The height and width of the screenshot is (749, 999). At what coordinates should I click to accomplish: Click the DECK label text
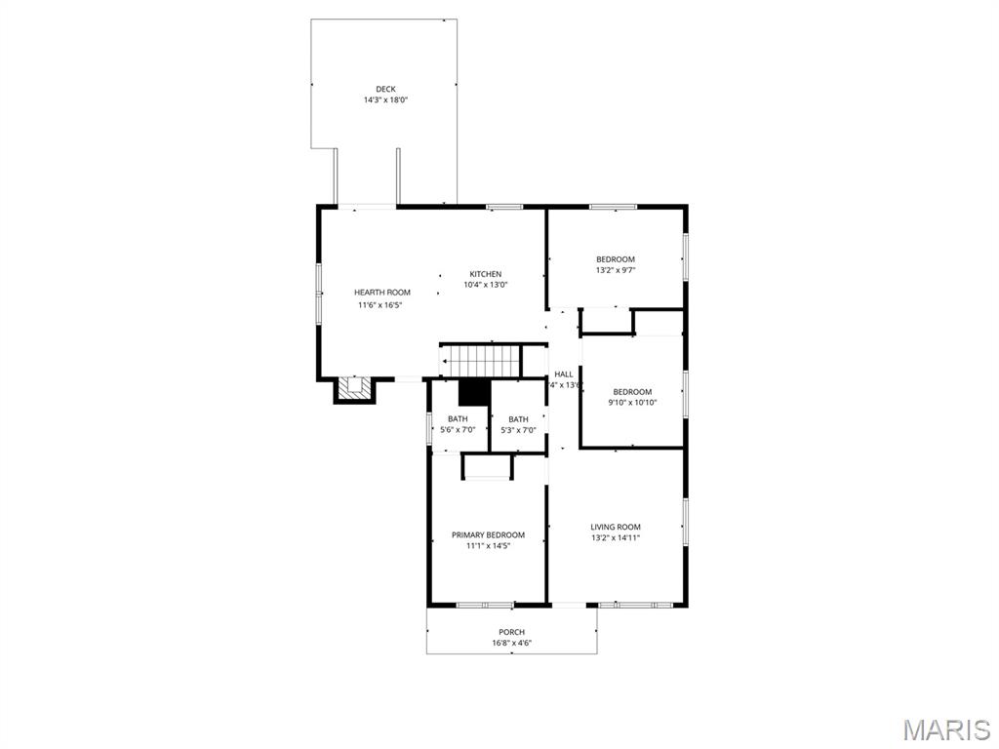point(385,89)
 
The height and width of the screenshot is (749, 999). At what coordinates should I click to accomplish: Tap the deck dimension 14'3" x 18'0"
point(385,99)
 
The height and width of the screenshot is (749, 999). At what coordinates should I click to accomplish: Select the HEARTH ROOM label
point(381,293)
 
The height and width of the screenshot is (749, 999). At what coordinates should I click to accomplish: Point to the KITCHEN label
point(485,274)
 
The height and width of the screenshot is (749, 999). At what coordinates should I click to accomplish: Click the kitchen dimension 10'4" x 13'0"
point(485,285)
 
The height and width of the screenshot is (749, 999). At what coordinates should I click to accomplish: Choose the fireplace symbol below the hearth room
point(354,389)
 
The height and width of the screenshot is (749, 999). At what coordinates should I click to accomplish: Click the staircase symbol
point(480,360)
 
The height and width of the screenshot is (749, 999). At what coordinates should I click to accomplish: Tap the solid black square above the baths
point(474,391)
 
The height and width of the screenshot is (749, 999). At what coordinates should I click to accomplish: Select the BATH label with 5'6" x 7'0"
point(458,419)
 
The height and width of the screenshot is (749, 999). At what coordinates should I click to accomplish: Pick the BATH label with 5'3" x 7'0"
point(518,419)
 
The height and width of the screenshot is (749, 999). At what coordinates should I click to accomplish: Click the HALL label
point(564,374)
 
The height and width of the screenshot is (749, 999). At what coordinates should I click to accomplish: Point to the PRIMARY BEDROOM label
point(488,534)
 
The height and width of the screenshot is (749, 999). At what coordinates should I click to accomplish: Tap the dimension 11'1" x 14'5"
point(488,546)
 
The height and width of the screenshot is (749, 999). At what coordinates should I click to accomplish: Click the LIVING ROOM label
point(616,527)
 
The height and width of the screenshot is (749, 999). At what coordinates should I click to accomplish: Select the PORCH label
point(512,632)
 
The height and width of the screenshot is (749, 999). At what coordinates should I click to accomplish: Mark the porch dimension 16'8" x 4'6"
point(512,643)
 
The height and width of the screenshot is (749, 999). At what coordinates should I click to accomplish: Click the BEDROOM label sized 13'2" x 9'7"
point(616,259)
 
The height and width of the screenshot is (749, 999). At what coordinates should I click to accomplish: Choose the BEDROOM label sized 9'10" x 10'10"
point(632,392)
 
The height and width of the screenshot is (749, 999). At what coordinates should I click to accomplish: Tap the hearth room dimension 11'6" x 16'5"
point(380,305)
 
